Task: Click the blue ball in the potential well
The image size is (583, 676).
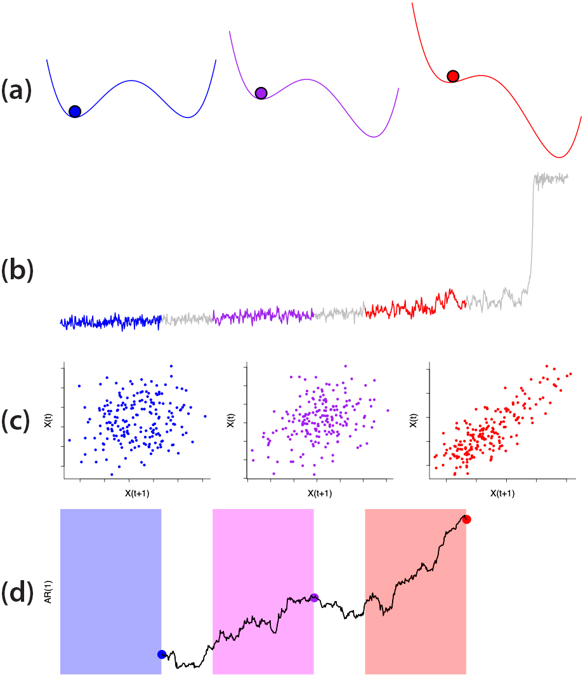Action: tap(75, 112)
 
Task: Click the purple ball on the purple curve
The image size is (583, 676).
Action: tap(261, 93)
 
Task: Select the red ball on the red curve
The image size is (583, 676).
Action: tap(453, 76)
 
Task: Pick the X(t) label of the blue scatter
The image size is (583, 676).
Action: tap(49, 420)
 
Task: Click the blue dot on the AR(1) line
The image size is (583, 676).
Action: tap(162, 654)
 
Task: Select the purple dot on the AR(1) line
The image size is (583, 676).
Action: tap(314, 597)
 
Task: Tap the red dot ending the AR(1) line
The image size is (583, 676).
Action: tap(467, 519)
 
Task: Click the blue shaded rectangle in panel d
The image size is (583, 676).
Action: tap(110, 571)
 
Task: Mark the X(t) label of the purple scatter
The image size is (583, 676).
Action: tap(232, 420)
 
